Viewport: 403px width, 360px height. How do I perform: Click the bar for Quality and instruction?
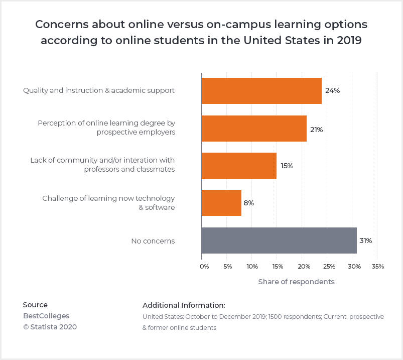point(261,91)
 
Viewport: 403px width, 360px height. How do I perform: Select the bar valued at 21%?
point(253,129)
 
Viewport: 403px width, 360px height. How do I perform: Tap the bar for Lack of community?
point(238,166)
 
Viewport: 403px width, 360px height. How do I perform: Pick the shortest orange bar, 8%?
point(221,203)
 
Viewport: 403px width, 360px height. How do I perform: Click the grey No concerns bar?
point(279,241)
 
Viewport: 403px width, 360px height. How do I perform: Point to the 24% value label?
point(332,91)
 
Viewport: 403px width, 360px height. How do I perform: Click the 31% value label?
point(365,241)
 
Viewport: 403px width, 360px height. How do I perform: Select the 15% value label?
point(287,166)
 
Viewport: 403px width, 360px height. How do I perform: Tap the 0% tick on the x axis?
point(204,267)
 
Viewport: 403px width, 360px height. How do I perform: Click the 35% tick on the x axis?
point(378,267)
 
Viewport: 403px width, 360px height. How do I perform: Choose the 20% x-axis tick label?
point(303,267)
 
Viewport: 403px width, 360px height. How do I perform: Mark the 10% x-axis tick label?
point(252,267)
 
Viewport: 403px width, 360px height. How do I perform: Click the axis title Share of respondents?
point(296,282)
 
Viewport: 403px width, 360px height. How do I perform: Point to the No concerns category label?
point(153,241)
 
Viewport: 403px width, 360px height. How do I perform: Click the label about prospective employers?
point(106,128)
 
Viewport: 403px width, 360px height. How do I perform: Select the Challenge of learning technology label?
point(108,203)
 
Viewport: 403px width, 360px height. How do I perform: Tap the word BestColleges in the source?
point(46,316)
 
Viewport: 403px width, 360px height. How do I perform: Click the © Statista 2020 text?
point(50,327)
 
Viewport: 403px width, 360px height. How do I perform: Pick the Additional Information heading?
point(184,305)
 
